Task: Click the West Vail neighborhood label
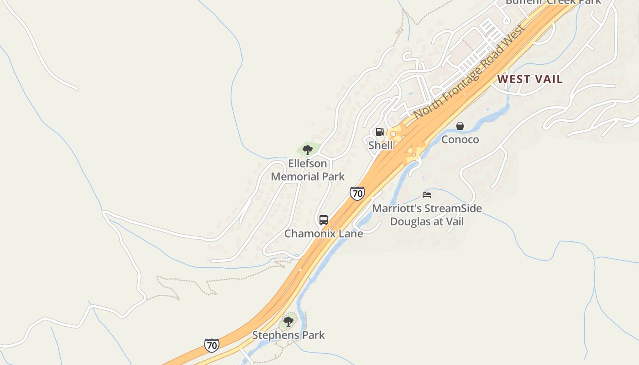click(x=529, y=79)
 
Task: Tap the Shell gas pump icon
click(x=380, y=132)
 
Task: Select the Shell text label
click(x=380, y=145)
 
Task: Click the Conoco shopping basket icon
click(x=460, y=125)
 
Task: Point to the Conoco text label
click(x=460, y=139)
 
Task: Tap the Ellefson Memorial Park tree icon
click(x=308, y=149)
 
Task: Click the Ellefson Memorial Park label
click(x=308, y=170)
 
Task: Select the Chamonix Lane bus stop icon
click(x=324, y=220)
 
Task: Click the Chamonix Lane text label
click(x=324, y=234)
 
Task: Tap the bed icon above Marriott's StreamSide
click(x=427, y=195)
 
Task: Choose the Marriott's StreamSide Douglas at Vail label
click(x=427, y=215)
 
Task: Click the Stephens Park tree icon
click(x=288, y=322)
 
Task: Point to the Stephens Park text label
click(x=288, y=335)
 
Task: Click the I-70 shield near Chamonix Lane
click(x=357, y=193)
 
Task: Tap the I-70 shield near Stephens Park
click(x=211, y=345)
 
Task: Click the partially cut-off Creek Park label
click(x=553, y=2)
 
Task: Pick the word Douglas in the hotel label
click(x=410, y=222)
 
